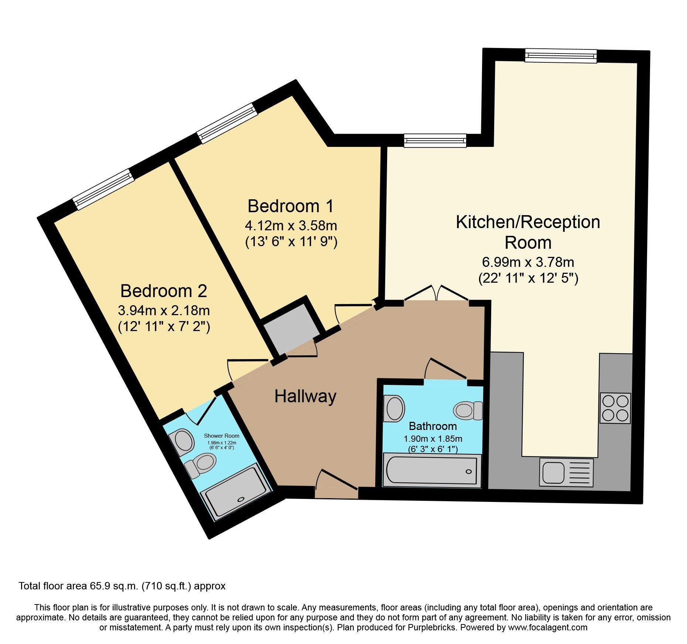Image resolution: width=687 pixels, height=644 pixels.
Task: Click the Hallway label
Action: click(x=305, y=396)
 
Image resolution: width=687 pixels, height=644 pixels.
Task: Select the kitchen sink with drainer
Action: click(x=566, y=472)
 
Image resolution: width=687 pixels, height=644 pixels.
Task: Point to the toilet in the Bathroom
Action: click(x=468, y=410)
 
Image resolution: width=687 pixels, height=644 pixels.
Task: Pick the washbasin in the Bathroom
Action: click(x=394, y=409)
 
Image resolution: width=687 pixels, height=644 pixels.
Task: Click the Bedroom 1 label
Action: click(x=290, y=206)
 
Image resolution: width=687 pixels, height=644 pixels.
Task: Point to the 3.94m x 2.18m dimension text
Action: click(x=164, y=310)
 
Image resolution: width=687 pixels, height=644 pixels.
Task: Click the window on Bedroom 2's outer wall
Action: click(x=103, y=189)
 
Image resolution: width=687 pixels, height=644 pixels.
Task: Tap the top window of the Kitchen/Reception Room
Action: click(x=561, y=56)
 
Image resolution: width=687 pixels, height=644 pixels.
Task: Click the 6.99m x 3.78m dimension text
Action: click(x=528, y=262)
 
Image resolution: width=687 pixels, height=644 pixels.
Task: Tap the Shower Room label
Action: click(x=222, y=436)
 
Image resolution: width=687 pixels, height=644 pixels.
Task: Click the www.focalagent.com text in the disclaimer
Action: click(x=547, y=627)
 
